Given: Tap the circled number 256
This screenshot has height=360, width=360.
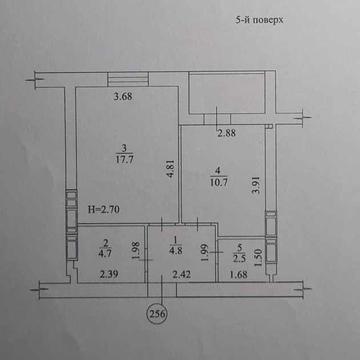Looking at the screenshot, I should point(156,312).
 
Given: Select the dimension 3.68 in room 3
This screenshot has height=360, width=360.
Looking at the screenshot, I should point(123,97).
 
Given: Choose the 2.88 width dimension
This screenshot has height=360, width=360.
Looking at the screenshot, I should point(230,131).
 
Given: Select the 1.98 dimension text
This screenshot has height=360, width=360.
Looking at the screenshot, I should point(135,248).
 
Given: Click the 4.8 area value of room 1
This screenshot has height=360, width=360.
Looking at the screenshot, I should point(176,253).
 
